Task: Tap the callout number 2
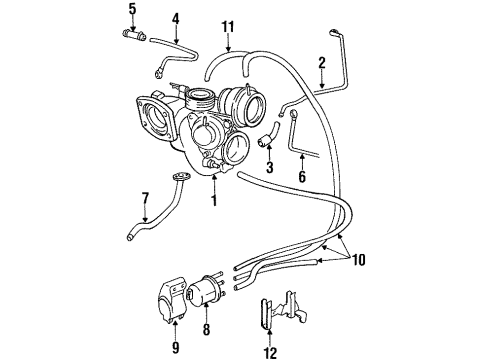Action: (322, 63)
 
